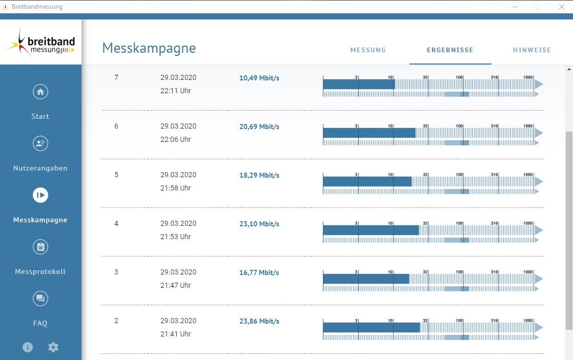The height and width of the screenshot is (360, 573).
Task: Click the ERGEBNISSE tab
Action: coord(450,50)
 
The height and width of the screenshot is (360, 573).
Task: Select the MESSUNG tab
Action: coord(368,50)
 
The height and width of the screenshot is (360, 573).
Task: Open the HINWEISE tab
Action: coord(531,50)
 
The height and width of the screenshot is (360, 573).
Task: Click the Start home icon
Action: coord(40,92)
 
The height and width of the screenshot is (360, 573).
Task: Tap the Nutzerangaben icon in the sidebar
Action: coord(40,143)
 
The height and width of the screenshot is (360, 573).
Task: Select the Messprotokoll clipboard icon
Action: coord(40,247)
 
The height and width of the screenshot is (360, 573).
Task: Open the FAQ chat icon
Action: coord(40,299)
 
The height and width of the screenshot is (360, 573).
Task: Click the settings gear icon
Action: coord(53,347)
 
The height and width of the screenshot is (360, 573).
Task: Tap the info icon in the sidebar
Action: coord(27,347)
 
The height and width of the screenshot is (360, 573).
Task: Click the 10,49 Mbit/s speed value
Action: coord(259,78)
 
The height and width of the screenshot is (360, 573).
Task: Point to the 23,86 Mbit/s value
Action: coord(259,321)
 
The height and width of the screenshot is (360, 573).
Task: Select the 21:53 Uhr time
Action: coord(175,237)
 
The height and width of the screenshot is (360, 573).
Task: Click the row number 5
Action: coord(116,175)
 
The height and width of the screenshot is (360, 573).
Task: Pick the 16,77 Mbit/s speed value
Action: coord(259,272)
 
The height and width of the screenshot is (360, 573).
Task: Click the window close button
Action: coord(562,7)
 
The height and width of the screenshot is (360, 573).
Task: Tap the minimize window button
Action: coord(515,7)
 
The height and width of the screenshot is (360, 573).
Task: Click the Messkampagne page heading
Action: coord(149,48)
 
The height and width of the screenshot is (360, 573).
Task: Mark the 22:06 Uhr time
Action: coord(175,139)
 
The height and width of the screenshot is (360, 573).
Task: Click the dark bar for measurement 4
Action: coord(371,230)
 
